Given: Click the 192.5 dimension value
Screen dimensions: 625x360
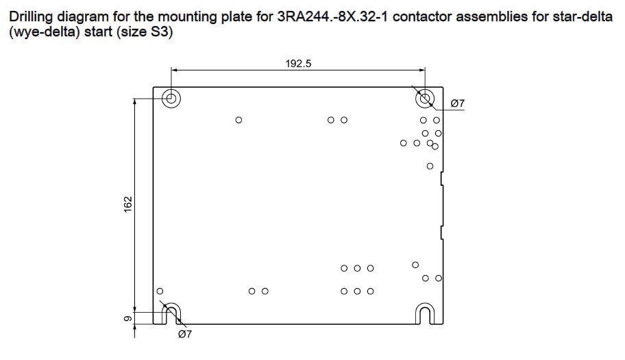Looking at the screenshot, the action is (298, 63).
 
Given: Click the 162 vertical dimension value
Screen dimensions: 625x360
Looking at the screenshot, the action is (128, 204).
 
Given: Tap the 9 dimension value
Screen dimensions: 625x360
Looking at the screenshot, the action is (127, 318).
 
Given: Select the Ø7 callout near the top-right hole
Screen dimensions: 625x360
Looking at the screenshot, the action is (458, 104).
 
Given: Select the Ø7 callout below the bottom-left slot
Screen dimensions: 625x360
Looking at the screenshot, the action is (185, 334).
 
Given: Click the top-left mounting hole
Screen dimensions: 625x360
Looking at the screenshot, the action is (171, 97).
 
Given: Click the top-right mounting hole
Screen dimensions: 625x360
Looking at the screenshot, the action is (425, 97).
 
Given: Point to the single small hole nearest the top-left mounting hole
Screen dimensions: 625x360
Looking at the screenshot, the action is (238, 119).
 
